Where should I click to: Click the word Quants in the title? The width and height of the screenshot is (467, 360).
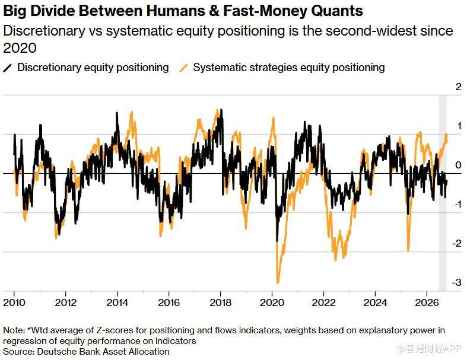[337, 11]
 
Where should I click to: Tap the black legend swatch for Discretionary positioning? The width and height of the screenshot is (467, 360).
[8, 68]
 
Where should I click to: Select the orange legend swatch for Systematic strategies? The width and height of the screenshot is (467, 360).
[184, 68]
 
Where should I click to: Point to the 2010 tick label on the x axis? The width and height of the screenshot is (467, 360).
[14, 302]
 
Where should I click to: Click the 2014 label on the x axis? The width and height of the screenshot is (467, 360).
[117, 302]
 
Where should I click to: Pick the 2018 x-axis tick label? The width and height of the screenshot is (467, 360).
[220, 302]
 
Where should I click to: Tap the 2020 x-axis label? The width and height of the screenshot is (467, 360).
[272, 302]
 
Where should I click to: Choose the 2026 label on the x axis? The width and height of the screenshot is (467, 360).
[427, 302]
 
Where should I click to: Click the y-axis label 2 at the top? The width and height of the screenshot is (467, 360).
[458, 87]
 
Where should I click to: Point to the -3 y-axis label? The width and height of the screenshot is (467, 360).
[456, 282]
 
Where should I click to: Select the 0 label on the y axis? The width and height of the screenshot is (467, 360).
[458, 165]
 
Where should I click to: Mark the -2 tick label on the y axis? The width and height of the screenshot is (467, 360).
[456, 243]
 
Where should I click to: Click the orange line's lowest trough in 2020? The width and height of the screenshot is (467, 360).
[278, 283]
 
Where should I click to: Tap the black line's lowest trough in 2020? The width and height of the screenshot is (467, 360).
[277, 240]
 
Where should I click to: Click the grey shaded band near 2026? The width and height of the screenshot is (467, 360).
[443, 193]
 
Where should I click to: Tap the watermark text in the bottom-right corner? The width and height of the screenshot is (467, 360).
[430, 348]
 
